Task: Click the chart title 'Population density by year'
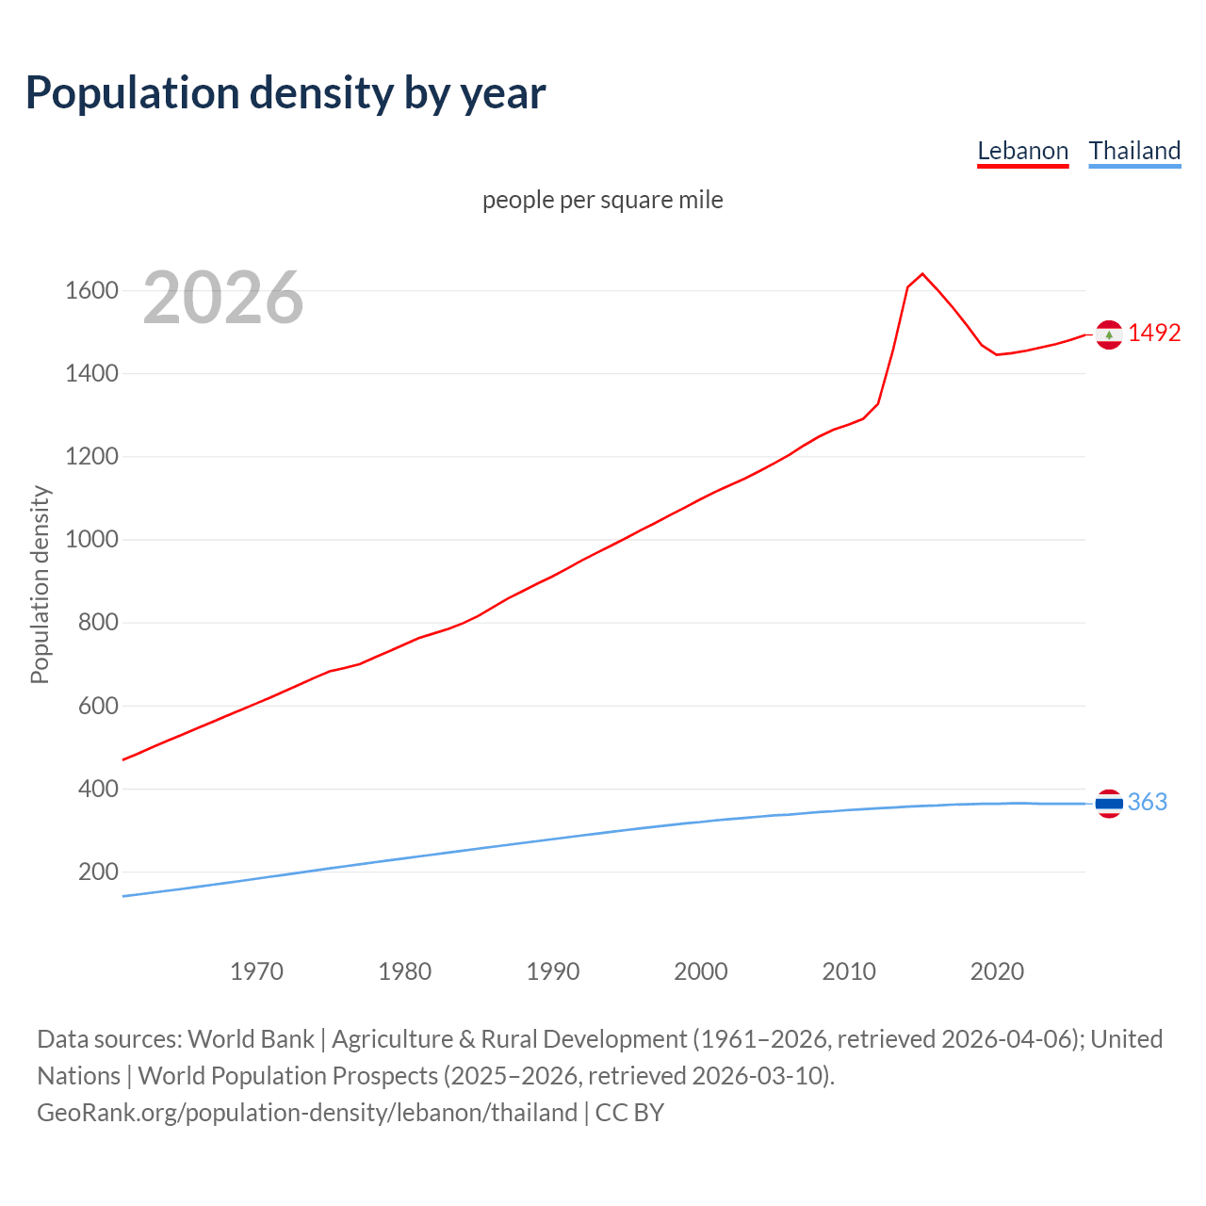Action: (x=285, y=92)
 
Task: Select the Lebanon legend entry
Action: (x=1022, y=151)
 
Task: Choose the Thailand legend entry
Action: (x=1134, y=151)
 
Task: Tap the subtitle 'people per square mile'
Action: (x=602, y=200)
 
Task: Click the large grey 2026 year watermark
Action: (x=223, y=298)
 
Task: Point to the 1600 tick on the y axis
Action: (x=91, y=290)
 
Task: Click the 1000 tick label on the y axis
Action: (x=91, y=540)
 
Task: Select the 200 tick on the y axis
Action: (x=98, y=872)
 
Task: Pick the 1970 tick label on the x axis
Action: (x=256, y=971)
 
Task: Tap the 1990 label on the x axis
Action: (x=553, y=971)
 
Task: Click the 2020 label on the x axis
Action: (x=997, y=971)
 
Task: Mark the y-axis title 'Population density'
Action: (x=40, y=584)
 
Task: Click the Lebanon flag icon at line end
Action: (x=1109, y=334)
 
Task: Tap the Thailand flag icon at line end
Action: (x=1109, y=804)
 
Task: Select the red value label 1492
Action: (x=1154, y=333)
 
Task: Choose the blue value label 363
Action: (x=1147, y=802)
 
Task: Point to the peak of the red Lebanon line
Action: (x=922, y=274)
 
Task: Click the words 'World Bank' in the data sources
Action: (x=251, y=1038)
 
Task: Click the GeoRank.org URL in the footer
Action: (x=307, y=1112)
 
